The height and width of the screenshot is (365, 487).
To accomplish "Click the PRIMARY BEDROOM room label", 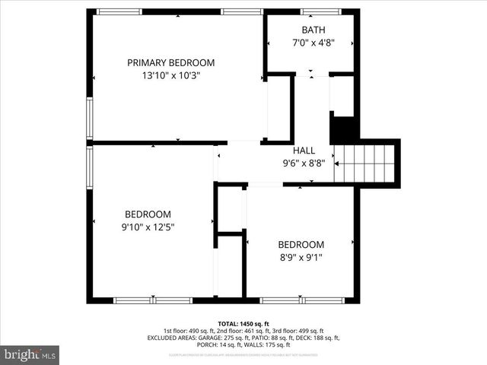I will click(x=170, y=62).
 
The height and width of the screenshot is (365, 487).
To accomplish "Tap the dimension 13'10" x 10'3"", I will click(x=170, y=75).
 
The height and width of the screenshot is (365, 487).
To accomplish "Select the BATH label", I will click(x=312, y=30).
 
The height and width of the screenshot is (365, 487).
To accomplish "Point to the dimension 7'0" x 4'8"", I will click(x=312, y=43).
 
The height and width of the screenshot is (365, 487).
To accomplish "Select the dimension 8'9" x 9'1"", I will click(x=301, y=257).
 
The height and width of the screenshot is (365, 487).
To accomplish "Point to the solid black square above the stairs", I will click(x=344, y=128).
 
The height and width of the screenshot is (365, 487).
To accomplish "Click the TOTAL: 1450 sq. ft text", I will click(x=243, y=323).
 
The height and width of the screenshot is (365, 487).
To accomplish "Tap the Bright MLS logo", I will click(x=30, y=354).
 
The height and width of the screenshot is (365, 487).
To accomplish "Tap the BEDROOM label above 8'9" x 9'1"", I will click(x=301, y=244).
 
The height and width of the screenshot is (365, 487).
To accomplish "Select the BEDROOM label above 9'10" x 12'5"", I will click(x=148, y=214).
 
